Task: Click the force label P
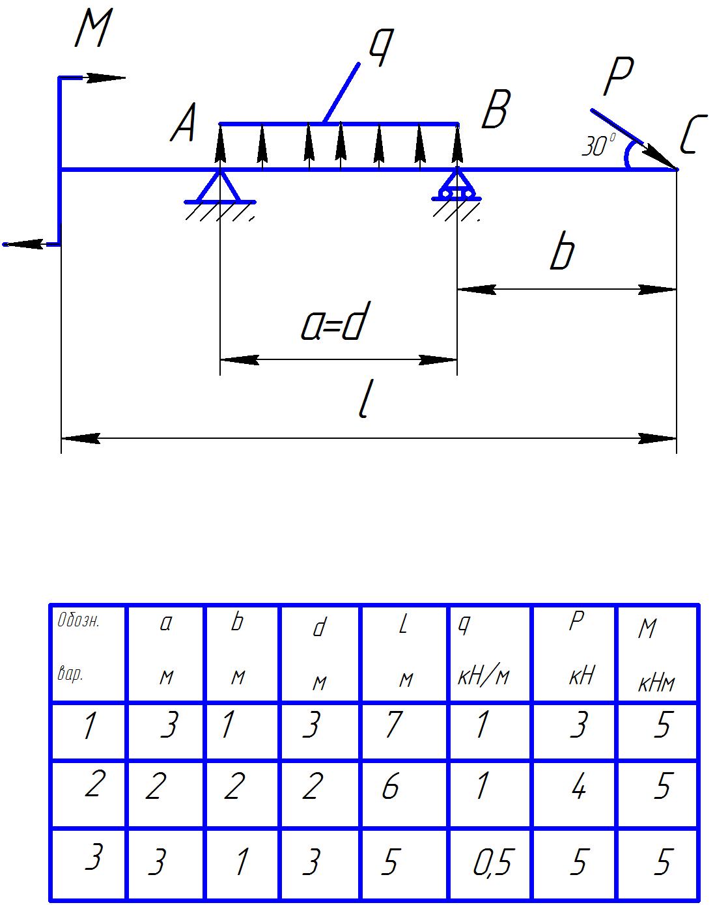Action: tap(618, 77)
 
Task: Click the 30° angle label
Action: tap(598, 146)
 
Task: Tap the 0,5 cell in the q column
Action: tap(492, 863)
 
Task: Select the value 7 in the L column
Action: tap(393, 725)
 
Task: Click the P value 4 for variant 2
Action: tap(578, 788)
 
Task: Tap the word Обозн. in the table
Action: tap(78, 620)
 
